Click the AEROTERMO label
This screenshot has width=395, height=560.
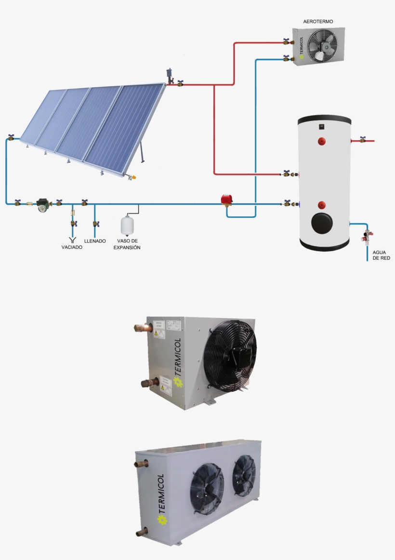318,22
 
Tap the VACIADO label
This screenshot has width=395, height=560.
72,247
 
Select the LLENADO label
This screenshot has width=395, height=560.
95,241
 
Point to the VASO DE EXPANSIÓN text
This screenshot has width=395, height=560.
127,244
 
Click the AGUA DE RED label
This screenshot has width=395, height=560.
381,255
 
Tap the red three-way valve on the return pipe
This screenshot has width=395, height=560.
226,200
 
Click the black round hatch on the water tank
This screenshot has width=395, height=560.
322,223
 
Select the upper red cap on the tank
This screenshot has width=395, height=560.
321,141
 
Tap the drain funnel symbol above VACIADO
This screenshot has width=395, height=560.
73,239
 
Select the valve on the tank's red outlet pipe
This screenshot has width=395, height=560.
362,140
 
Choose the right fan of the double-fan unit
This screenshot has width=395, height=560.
244,476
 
